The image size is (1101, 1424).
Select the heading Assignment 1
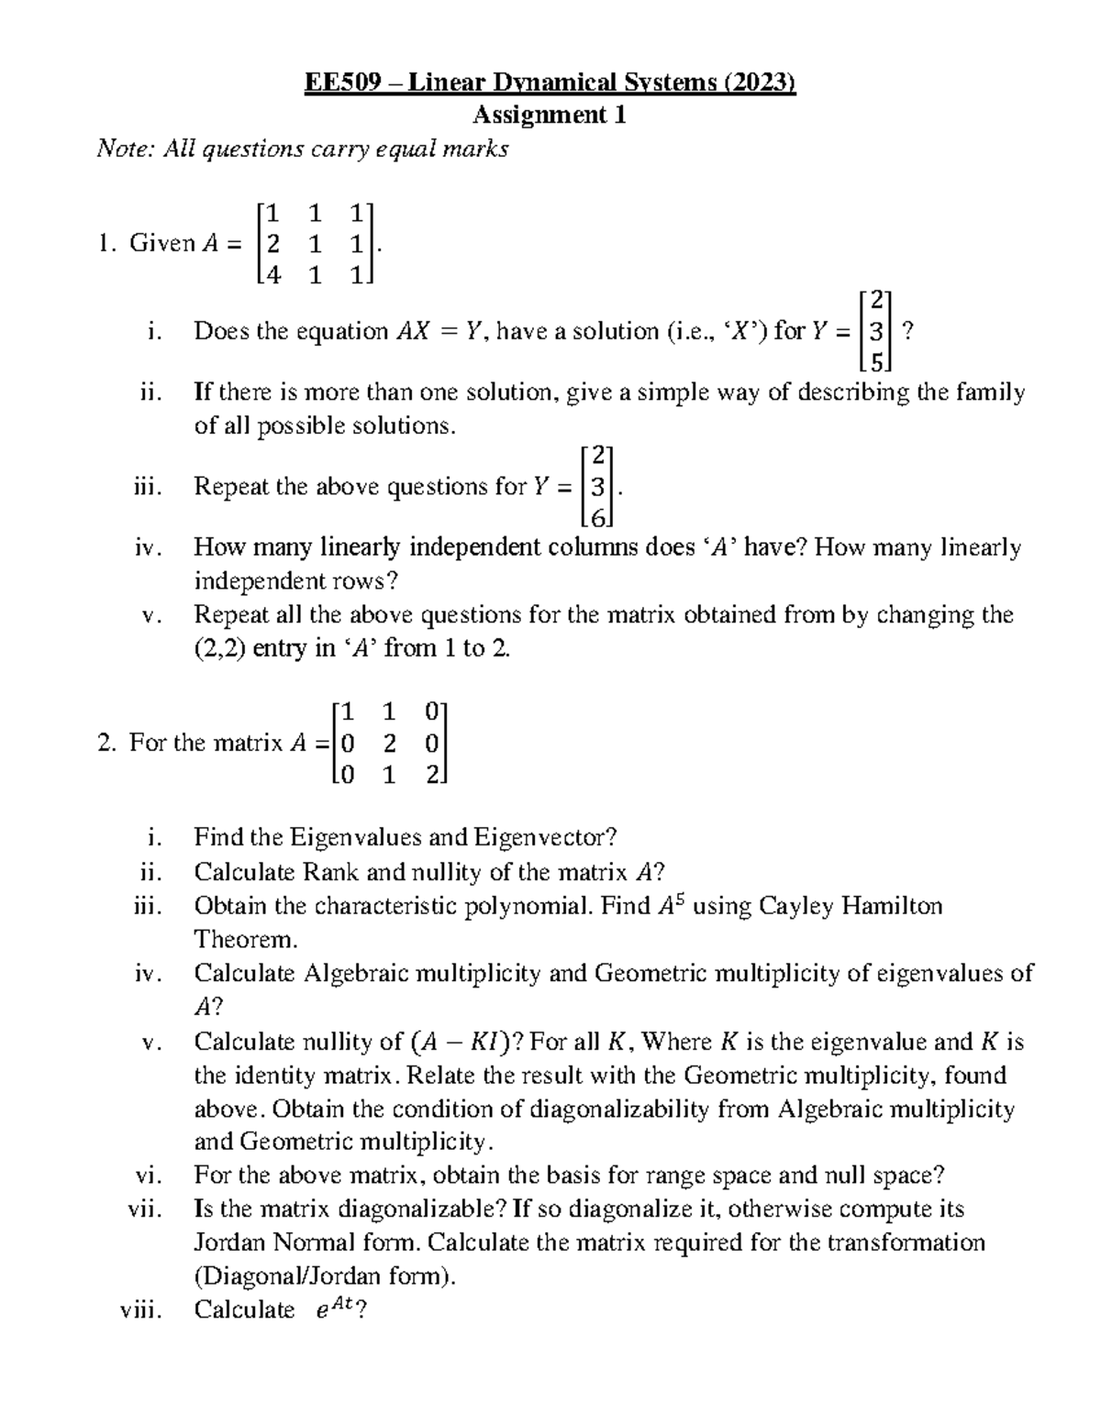pyautogui.click(x=550, y=116)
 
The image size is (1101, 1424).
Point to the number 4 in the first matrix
pyautogui.click(x=272, y=273)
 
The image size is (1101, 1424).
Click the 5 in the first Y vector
pyautogui.click(x=877, y=362)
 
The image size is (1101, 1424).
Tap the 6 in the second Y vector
pyautogui.click(x=598, y=518)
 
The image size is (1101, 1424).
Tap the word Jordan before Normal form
pyautogui.click(x=226, y=1242)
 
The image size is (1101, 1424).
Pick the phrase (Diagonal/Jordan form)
pyautogui.click(x=324, y=1276)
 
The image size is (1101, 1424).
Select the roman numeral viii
pyautogui.click(x=141, y=1310)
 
